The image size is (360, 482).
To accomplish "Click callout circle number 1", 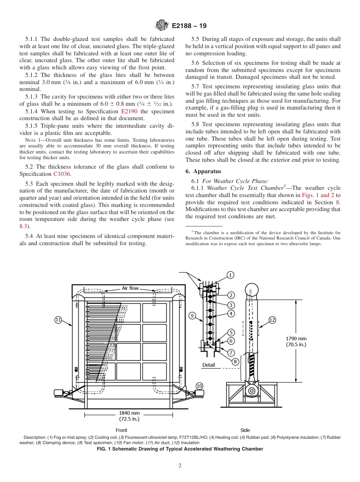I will point(230,275).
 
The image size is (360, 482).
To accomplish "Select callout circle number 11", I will point(58,320).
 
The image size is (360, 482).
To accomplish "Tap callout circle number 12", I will point(272,320).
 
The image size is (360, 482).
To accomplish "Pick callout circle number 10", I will point(199,386).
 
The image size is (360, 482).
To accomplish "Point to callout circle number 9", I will point(192,315).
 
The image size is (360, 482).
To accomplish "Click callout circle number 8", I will point(235,361).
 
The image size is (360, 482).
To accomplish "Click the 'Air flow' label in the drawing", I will point(130,288).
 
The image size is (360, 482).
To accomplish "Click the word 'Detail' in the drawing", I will point(208,365).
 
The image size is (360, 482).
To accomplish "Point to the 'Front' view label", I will point(121,430).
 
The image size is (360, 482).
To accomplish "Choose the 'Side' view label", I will point(245,430).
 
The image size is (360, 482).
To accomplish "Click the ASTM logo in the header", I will point(162,26).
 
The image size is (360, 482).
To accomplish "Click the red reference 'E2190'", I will point(129,111).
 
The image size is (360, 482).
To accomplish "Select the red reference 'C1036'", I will point(62,174).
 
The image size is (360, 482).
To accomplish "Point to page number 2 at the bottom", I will point(180,466).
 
